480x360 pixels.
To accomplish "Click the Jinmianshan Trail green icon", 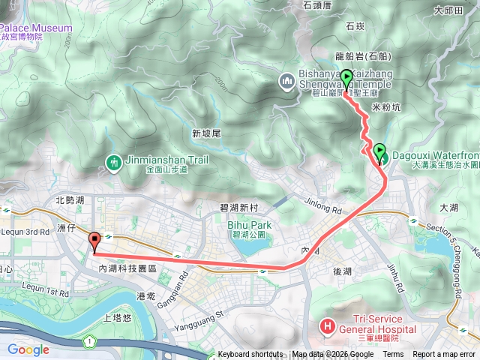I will pyautogui.click(x=113, y=162).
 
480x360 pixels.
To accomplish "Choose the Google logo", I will pyautogui.click(x=28, y=349).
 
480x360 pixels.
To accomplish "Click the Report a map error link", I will pyautogui.click(x=445, y=355).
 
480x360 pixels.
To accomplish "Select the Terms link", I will pyautogui.click(x=393, y=355).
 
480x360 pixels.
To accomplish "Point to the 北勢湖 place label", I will pyautogui.click(x=70, y=200).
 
